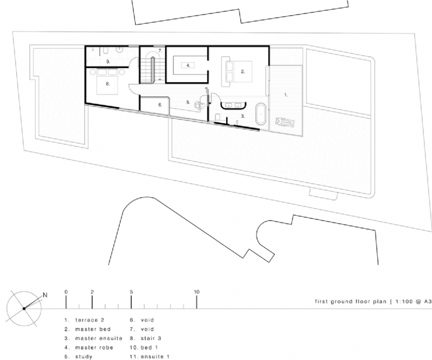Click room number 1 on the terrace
pos(286,94)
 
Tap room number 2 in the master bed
pos(243,71)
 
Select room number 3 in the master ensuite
pos(242,116)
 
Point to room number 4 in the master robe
pos(187,65)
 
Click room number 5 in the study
pos(187,102)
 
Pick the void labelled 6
pos(160,105)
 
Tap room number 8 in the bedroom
pos(108,84)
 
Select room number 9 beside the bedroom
pos(108,62)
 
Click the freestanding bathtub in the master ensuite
pos(261,114)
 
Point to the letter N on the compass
pos(45,295)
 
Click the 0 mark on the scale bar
pos(66,292)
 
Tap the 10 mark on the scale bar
pos(197,292)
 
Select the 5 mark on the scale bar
pos(131,292)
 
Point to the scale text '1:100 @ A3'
pos(409,302)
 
